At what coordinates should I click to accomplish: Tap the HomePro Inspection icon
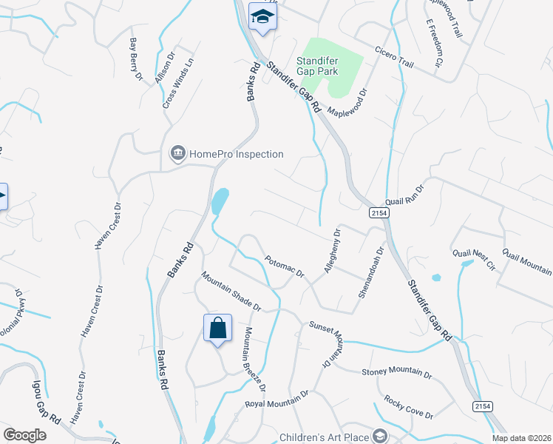[x=177, y=154]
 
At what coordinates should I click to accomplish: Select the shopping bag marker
[x=218, y=328]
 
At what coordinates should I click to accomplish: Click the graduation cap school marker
[x=262, y=16]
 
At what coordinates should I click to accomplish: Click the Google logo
[x=24, y=435]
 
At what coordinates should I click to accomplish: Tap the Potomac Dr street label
[x=285, y=266]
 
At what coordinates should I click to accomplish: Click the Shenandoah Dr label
[x=371, y=272]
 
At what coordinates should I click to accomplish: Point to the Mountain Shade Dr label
[x=231, y=290]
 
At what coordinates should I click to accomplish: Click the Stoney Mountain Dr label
[x=396, y=373]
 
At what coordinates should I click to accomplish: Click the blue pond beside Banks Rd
[x=220, y=201]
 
